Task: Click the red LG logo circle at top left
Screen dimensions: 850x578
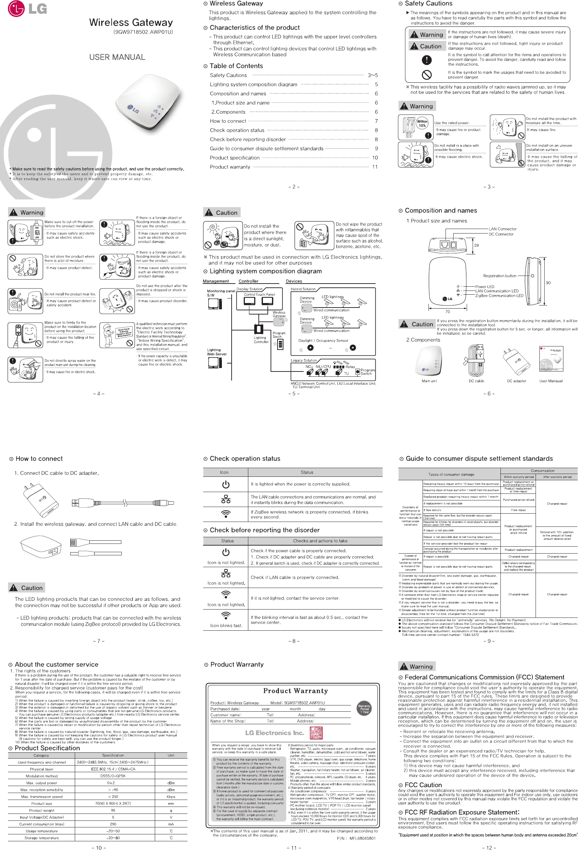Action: (x=16, y=9)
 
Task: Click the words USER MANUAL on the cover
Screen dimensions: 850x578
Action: (x=117, y=57)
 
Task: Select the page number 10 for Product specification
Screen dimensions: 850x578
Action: (x=375, y=158)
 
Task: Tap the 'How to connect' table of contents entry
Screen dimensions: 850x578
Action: (x=228, y=121)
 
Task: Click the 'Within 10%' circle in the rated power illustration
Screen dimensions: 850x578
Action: (x=422, y=123)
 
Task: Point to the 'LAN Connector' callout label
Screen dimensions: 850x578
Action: (x=502, y=229)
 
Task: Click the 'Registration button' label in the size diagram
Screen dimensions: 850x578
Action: (x=499, y=276)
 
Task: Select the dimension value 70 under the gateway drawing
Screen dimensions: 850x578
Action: (x=447, y=312)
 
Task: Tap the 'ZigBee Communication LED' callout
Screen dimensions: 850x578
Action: (x=499, y=295)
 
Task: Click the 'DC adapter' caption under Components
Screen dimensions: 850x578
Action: (x=516, y=381)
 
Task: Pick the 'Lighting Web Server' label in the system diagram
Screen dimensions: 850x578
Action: (x=217, y=352)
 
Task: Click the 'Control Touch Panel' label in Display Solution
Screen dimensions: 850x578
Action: (x=259, y=294)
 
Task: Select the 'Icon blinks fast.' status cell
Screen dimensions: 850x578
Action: (x=226, y=625)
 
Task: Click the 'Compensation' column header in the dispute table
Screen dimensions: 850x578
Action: (x=542, y=471)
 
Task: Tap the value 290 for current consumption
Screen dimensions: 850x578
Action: (x=113, y=824)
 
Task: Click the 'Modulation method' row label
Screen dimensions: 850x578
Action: (x=41, y=776)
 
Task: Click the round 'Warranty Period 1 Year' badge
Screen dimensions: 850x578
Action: (x=364, y=709)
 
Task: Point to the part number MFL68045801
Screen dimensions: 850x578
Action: (x=362, y=838)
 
